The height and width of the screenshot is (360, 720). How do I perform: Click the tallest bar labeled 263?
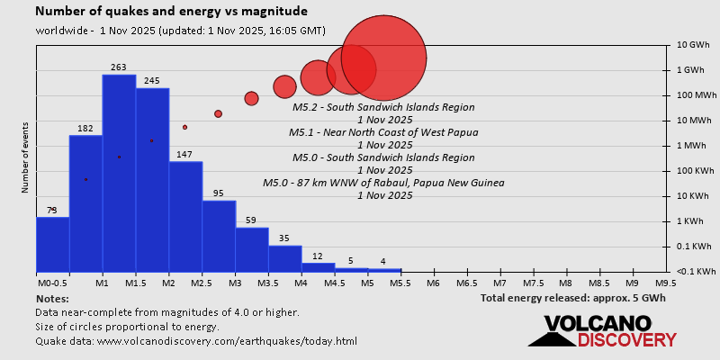119,171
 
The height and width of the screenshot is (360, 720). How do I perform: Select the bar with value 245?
152,180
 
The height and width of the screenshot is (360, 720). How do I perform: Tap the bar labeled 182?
85,202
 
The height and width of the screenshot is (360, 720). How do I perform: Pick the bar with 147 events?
185,216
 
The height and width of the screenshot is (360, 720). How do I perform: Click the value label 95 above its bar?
219,193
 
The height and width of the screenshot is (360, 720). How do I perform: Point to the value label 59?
251,220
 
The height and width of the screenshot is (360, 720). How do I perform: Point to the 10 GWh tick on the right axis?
694,44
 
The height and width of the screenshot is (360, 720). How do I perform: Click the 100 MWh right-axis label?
696,94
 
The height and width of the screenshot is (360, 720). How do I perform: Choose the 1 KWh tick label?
692,220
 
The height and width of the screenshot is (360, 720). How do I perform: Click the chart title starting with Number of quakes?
171,12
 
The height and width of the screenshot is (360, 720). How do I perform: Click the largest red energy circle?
383,58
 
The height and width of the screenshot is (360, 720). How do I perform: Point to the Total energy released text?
571,298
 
